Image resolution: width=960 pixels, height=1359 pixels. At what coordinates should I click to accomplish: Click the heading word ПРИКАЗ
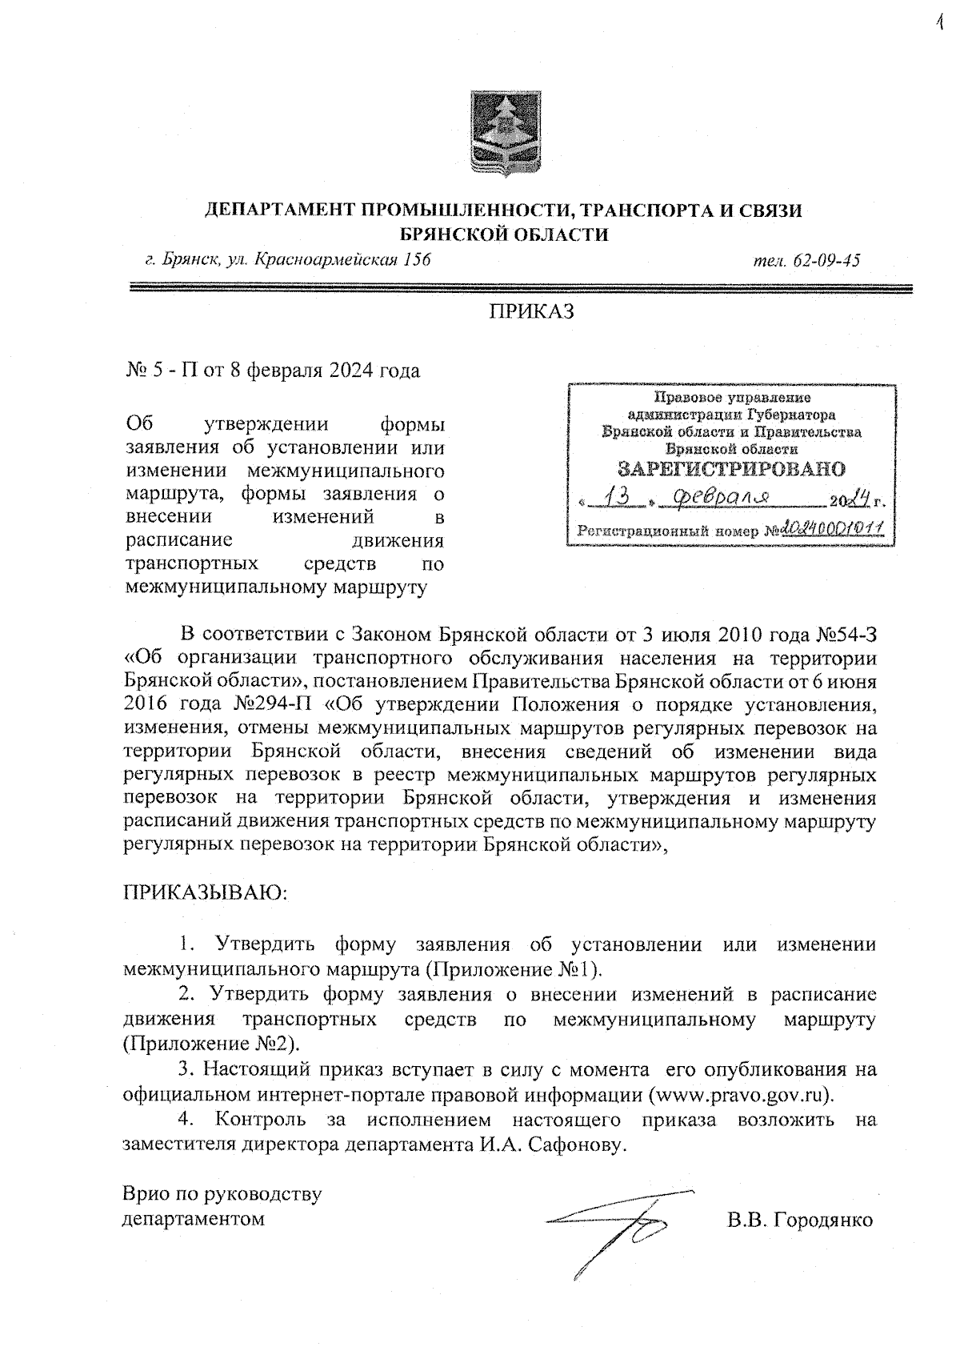click(x=532, y=312)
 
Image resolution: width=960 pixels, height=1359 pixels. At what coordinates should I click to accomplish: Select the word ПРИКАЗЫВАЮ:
click(x=205, y=891)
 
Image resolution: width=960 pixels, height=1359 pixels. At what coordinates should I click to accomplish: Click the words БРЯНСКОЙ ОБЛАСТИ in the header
click(x=503, y=235)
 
